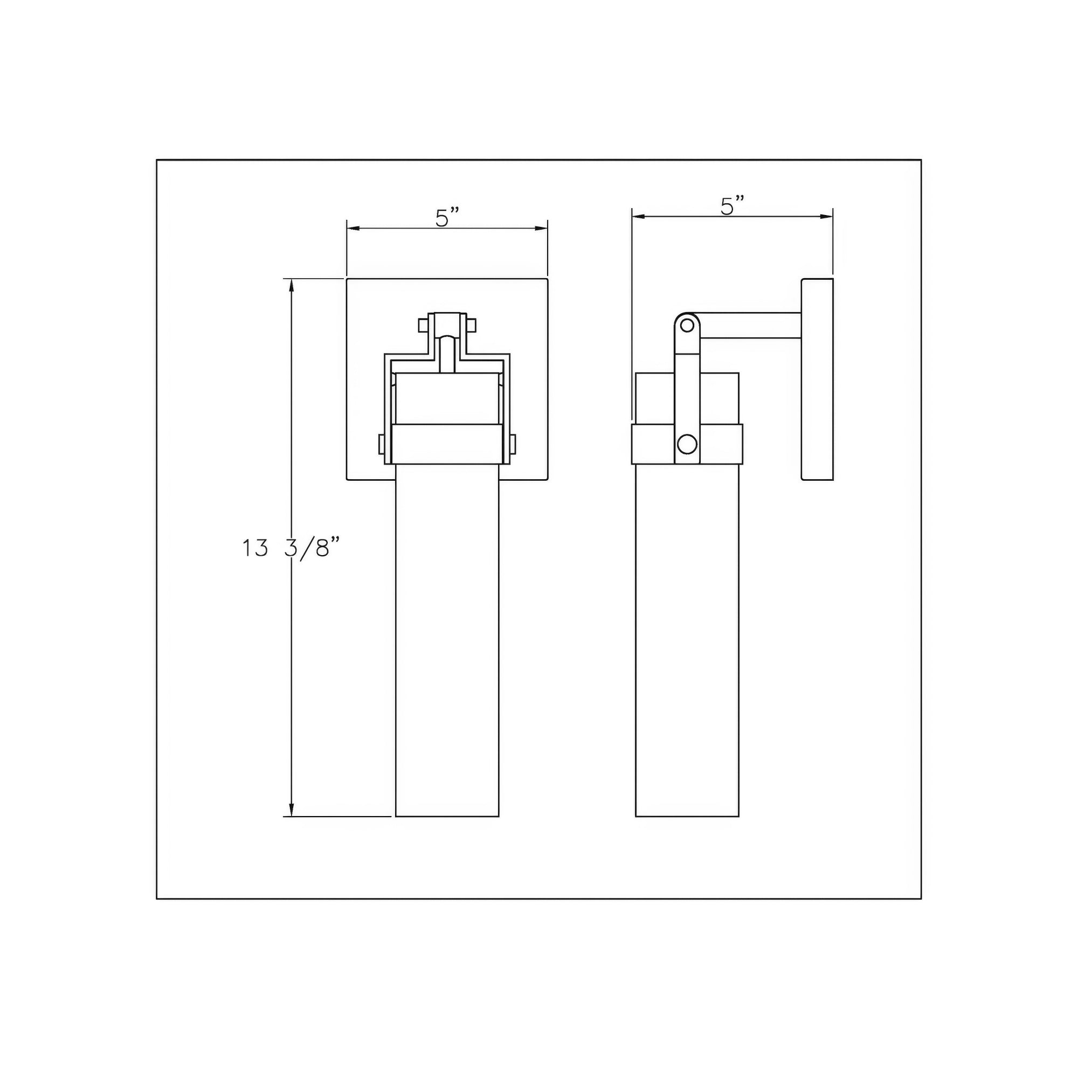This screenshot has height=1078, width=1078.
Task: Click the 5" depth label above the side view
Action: (x=733, y=205)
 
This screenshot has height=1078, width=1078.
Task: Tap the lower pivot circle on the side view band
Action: (x=687, y=444)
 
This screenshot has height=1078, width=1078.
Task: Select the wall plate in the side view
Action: (x=818, y=379)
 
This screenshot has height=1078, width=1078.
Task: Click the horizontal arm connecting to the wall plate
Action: (x=750, y=326)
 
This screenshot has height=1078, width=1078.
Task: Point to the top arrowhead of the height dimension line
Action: (x=291, y=285)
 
